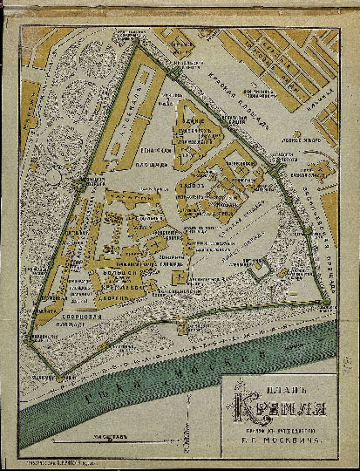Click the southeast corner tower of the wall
click(x=326, y=302)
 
